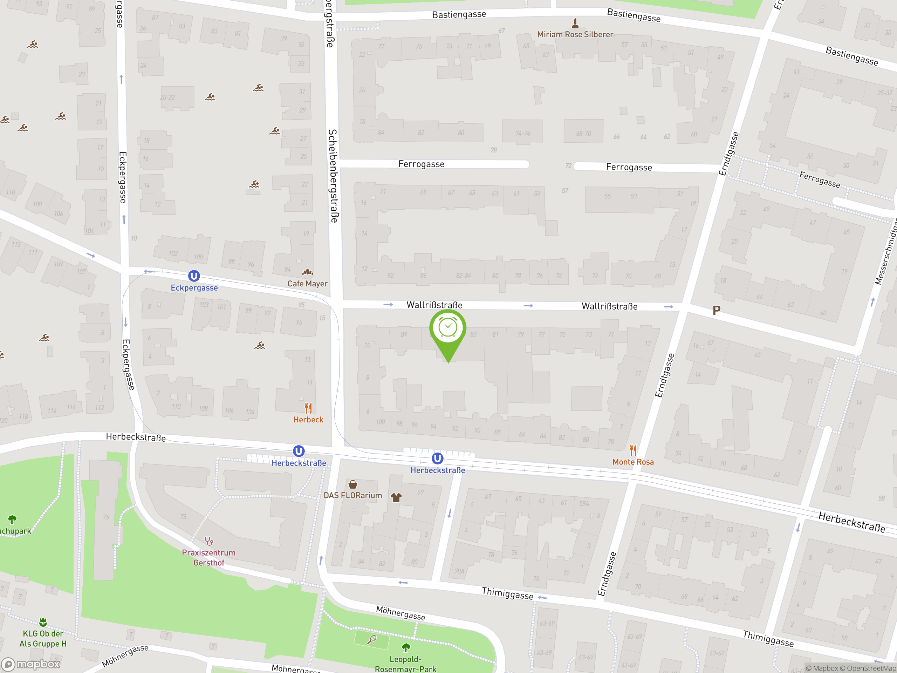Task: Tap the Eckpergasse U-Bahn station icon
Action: pyautogui.click(x=194, y=276)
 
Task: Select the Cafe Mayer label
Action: pyautogui.click(x=307, y=284)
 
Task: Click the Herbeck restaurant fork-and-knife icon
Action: pyautogui.click(x=308, y=408)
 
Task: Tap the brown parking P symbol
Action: pyautogui.click(x=717, y=310)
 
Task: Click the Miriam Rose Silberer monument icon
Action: pyautogui.click(x=575, y=23)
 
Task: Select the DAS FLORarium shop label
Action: pyautogui.click(x=352, y=495)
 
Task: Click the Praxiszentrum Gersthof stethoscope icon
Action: pyautogui.click(x=209, y=541)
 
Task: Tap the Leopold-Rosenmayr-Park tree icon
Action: pyautogui.click(x=405, y=647)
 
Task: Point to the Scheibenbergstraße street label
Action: pyautogui.click(x=333, y=176)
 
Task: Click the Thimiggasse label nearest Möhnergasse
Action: pyautogui.click(x=507, y=593)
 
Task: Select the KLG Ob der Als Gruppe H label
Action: pyautogui.click(x=43, y=639)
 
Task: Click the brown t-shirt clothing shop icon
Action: pyautogui.click(x=396, y=497)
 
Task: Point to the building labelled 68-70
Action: pyautogui.click(x=583, y=133)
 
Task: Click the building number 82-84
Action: pyautogui.click(x=463, y=276)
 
